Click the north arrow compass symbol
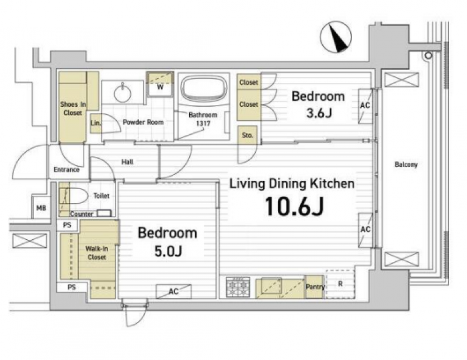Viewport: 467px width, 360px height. coord(336,37)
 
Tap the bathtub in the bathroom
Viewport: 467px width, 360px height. coord(204,88)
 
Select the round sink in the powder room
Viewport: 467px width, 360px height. coord(123,92)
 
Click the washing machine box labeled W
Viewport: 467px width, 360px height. coord(160,84)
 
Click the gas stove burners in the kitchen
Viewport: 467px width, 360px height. coord(238,287)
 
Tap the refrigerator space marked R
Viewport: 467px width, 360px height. coord(340,284)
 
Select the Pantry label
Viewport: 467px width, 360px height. coord(315,286)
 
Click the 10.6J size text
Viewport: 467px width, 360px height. coord(294,206)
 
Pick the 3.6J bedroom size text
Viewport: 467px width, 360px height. coord(319,113)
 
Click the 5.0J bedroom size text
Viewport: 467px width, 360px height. coord(168,251)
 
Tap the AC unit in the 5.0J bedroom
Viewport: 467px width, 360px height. coord(173,291)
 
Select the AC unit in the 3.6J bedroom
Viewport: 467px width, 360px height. coord(365,106)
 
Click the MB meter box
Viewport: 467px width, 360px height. coord(41,208)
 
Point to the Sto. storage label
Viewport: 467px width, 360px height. coord(248,135)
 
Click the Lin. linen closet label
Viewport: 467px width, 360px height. coord(95,123)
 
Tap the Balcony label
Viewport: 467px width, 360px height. coord(406,165)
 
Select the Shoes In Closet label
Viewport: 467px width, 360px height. coord(73,109)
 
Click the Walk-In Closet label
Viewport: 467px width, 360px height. coord(96,253)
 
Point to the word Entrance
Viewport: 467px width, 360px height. coord(67,169)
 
